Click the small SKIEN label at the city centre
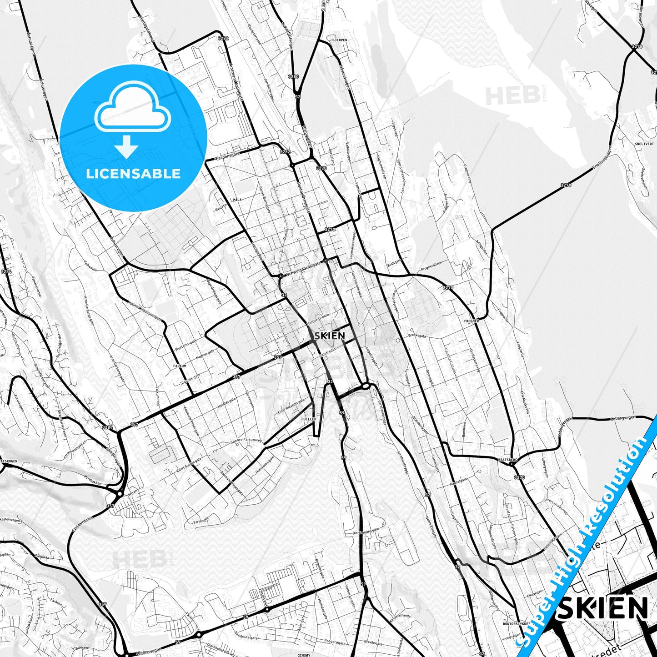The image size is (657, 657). [329, 336]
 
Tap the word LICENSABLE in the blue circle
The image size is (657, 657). [133, 173]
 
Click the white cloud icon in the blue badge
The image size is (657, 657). [132, 107]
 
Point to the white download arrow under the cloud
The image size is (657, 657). [126, 147]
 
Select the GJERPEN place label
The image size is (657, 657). [340, 40]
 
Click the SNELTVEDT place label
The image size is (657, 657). [644, 143]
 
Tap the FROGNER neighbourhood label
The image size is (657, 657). [471, 321]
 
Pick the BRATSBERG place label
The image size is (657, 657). [507, 460]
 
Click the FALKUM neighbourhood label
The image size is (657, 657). [180, 365]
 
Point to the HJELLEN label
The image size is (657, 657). [309, 420]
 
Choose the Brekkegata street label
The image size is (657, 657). [417, 336]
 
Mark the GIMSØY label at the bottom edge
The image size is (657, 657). [303, 655]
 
